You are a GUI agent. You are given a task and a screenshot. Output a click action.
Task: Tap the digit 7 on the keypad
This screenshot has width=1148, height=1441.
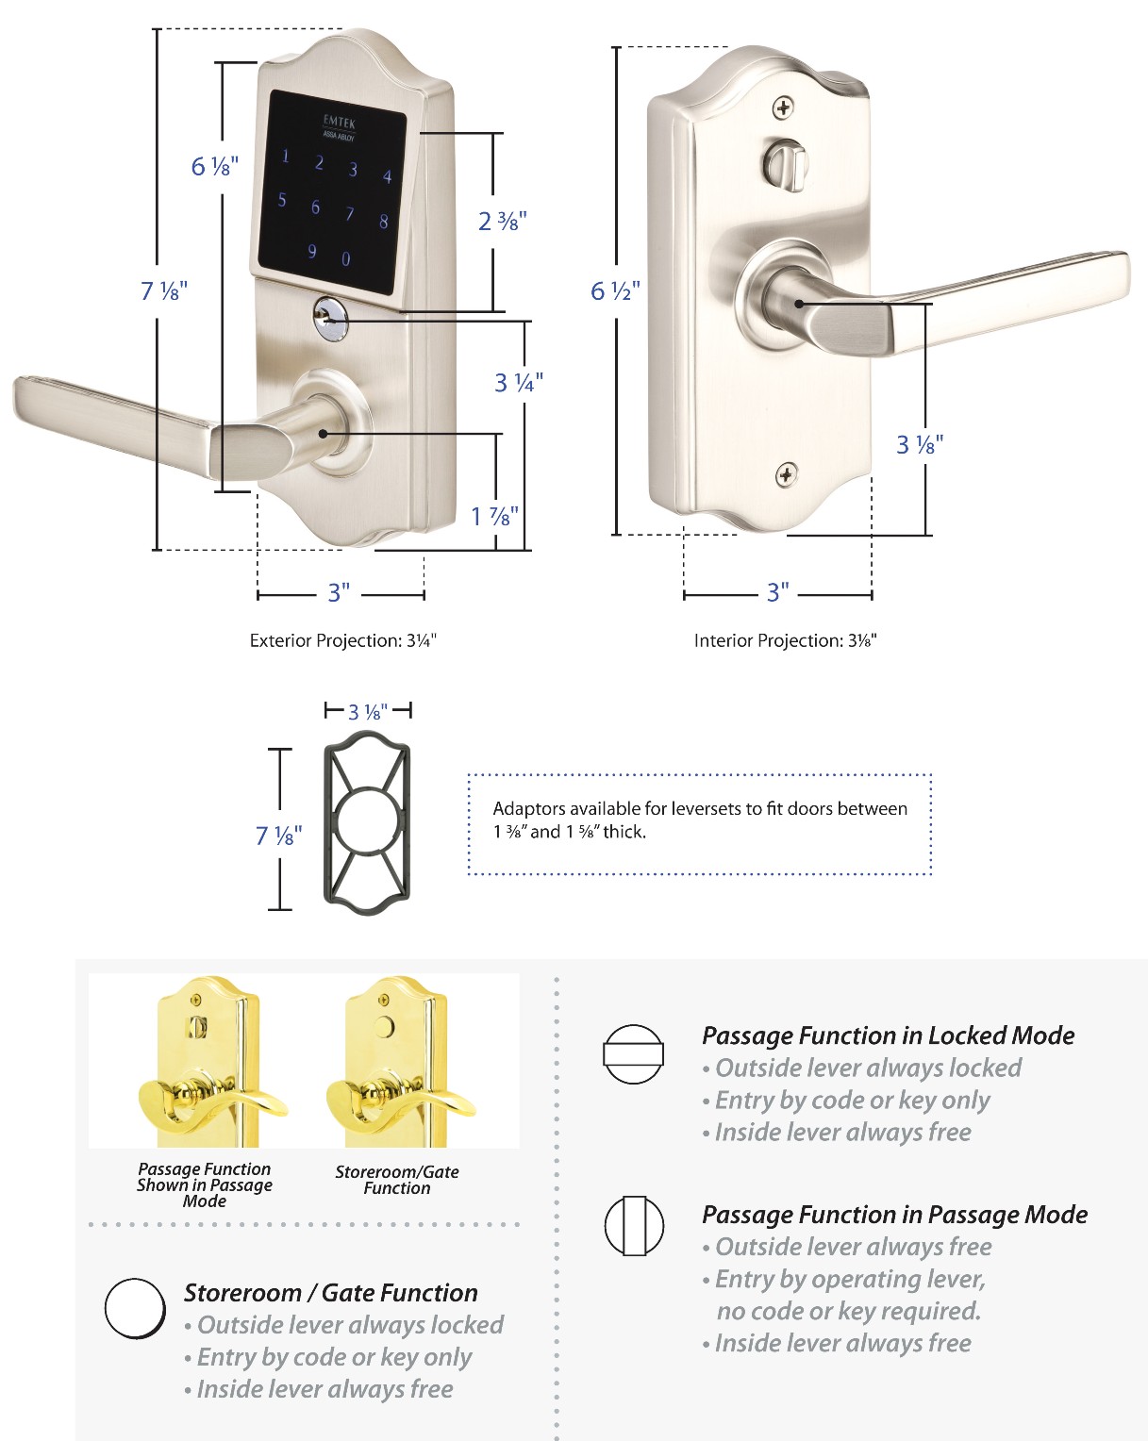click(x=349, y=214)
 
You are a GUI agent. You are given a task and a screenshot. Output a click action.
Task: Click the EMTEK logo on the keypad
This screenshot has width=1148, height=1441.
click(x=339, y=122)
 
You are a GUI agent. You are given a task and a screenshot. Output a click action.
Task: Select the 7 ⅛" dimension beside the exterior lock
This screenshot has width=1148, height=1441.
click(x=164, y=290)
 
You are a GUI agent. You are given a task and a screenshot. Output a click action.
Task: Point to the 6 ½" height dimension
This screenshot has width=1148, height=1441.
click(x=615, y=290)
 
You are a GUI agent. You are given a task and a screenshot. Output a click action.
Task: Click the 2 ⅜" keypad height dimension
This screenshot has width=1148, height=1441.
click(x=502, y=222)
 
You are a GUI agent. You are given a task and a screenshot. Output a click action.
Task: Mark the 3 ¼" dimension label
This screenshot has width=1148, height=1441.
click(x=519, y=382)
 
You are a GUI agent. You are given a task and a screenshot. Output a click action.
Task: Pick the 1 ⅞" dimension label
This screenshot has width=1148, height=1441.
click(x=495, y=516)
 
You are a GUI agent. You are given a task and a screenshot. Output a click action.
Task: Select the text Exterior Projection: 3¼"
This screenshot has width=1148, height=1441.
click(x=343, y=641)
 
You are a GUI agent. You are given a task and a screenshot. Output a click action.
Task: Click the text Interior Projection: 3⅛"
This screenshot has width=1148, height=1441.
click(x=786, y=641)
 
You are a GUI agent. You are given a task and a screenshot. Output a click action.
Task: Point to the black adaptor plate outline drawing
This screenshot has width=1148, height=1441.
click(x=368, y=828)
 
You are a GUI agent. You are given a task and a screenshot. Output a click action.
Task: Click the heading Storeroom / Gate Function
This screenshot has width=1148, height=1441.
click(x=330, y=1293)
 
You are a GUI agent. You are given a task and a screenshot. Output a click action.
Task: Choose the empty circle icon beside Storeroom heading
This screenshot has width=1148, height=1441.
click(x=135, y=1308)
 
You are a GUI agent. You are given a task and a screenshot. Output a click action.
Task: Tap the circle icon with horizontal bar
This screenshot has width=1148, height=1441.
click(x=633, y=1054)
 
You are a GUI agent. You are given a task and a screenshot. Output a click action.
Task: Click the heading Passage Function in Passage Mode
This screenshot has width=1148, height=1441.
click(x=894, y=1215)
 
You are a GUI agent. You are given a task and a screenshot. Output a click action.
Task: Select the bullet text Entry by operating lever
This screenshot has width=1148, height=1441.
click(x=850, y=1280)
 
